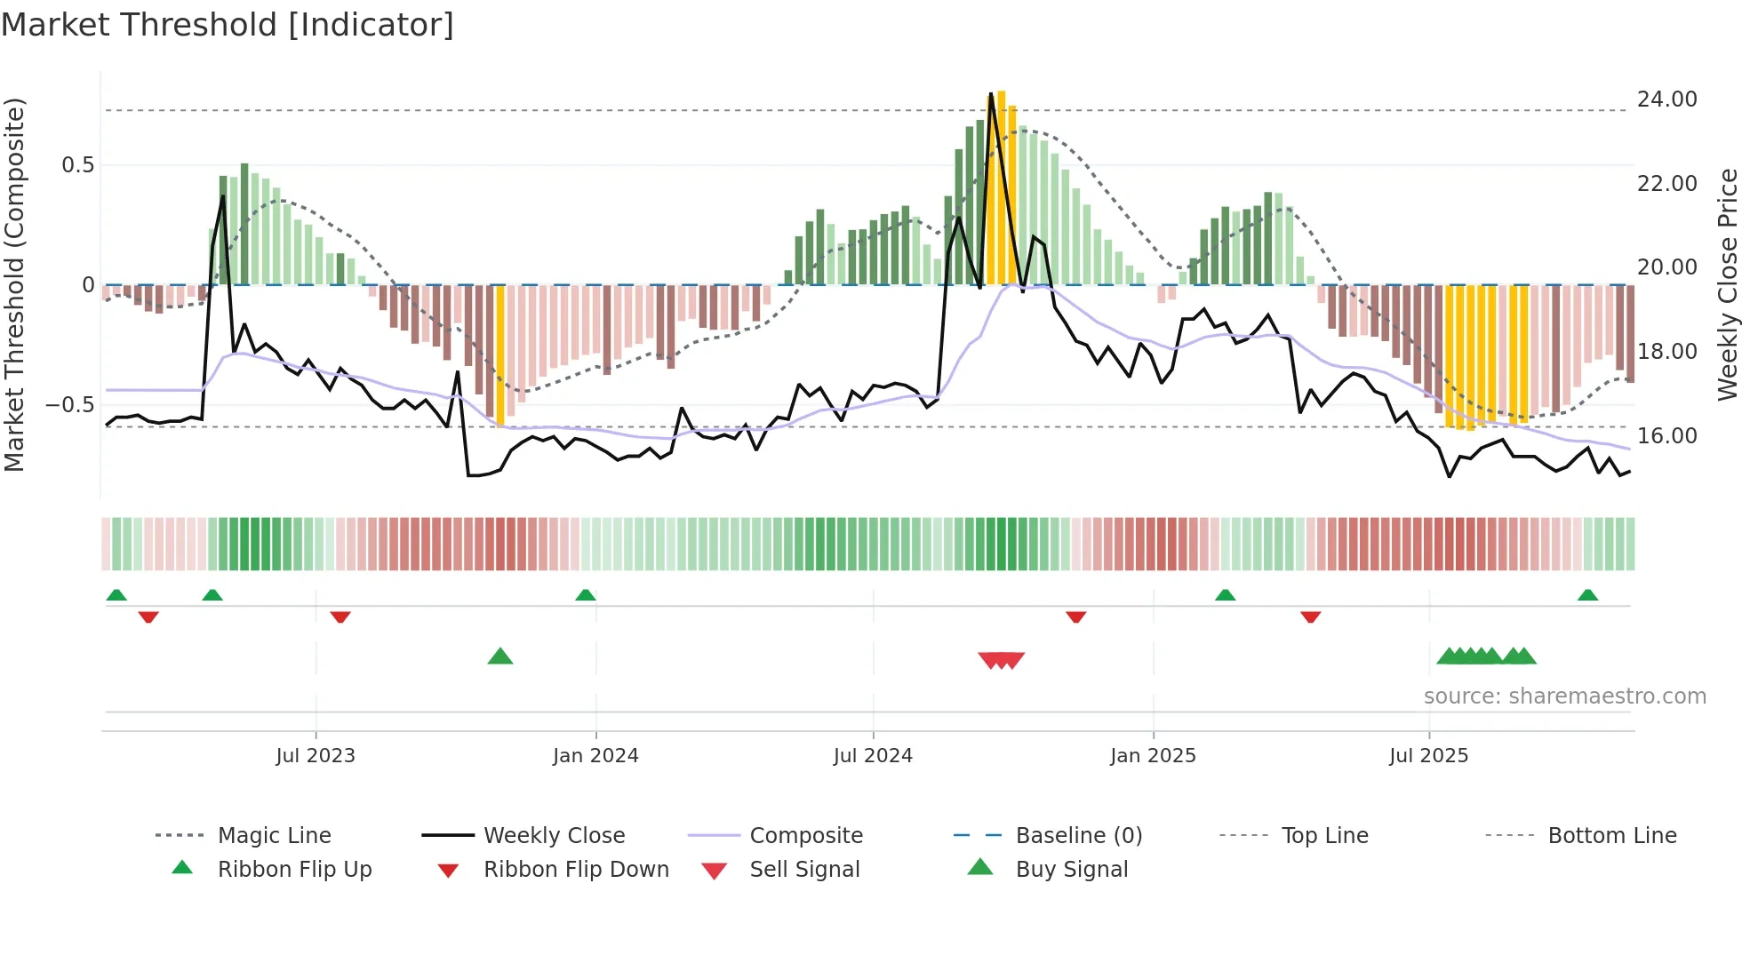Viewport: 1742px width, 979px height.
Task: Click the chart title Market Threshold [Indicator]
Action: (228, 25)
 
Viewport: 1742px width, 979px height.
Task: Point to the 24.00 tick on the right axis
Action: (1666, 99)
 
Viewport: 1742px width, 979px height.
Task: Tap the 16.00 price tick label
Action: (1666, 436)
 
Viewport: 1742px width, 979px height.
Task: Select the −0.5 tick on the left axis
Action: (69, 405)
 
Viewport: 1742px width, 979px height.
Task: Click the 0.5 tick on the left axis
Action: (77, 165)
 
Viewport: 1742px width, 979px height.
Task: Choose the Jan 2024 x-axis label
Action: (595, 756)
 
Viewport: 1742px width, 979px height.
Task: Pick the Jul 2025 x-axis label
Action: (1428, 756)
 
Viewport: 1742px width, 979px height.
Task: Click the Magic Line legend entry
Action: (274, 836)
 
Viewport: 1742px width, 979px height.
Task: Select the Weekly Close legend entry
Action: (554, 836)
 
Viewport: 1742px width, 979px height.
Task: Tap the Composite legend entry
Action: (805, 836)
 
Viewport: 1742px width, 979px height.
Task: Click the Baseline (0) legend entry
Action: (1078, 836)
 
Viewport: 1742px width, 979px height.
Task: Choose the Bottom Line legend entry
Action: (1611, 836)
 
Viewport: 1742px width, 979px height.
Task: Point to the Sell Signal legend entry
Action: (803, 870)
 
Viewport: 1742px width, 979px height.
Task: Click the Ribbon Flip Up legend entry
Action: (294, 870)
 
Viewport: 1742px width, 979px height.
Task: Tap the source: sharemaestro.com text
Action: (1564, 696)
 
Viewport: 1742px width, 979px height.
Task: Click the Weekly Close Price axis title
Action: (1727, 284)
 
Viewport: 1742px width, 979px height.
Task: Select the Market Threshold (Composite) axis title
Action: (14, 284)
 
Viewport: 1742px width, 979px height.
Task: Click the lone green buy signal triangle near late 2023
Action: (500, 657)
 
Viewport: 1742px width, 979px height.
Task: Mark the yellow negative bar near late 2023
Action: (500, 355)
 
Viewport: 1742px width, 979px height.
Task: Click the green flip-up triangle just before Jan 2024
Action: (585, 595)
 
